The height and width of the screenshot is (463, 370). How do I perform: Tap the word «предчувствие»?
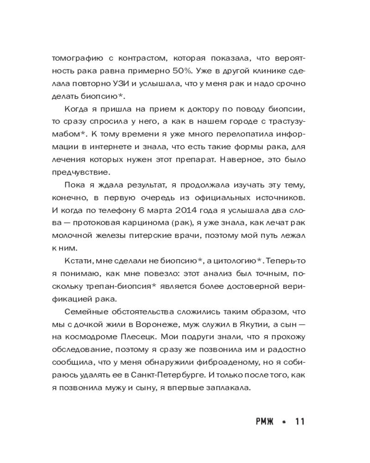click(x=81, y=172)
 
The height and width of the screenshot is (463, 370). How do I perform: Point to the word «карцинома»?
click(x=149, y=223)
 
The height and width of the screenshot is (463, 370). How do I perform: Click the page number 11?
click(x=299, y=422)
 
